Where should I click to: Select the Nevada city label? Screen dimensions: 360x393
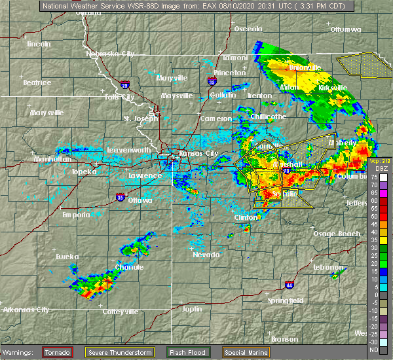click(x=206, y=255)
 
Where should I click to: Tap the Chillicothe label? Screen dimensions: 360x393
click(x=269, y=117)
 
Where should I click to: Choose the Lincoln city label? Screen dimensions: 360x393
click(x=39, y=44)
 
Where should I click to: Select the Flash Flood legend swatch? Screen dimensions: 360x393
click(x=170, y=351)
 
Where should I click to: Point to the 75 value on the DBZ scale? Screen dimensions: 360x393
click(x=383, y=177)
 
